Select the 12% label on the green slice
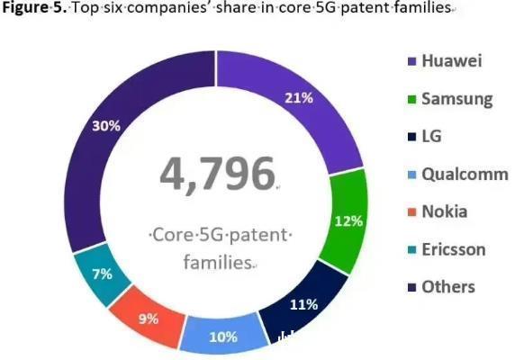[348, 220]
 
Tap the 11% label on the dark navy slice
[305, 304]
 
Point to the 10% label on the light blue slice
[222, 337]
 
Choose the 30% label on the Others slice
[106, 126]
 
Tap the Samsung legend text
[456, 99]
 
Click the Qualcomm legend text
[465, 175]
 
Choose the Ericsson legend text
[454, 249]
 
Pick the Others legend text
[447, 287]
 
